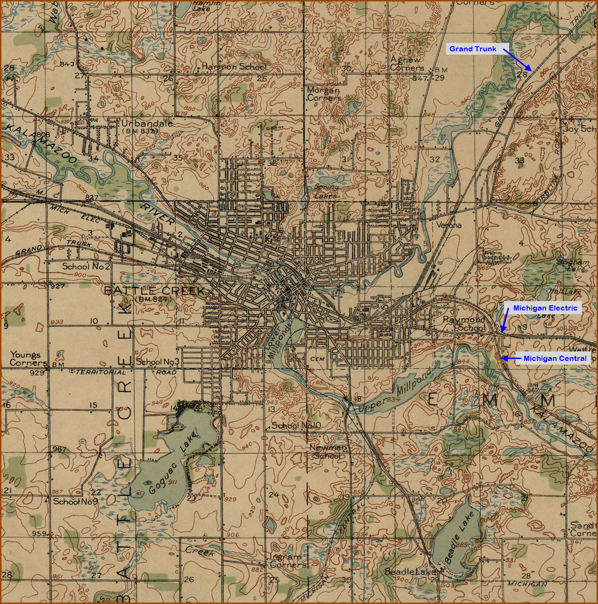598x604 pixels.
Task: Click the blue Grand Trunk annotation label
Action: pos(472,49)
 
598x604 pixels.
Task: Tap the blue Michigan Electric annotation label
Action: pos(545,308)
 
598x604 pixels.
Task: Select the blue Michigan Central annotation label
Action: pos(555,359)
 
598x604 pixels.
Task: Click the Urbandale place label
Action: pos(147,123)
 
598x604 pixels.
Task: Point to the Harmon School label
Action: pos(234,67)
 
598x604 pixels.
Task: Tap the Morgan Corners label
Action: pos(324,94)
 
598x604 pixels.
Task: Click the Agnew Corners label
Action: pos(407,64)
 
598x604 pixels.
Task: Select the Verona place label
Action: pos(449,225)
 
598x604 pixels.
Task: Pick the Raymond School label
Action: pos(464,324)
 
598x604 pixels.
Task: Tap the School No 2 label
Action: pos(86,267)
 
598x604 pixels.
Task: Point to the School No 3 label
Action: pos(158,362)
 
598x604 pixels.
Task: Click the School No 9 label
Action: pos(75,501)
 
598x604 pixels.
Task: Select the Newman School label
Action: pos(328,451)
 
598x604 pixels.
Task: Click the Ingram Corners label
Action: pos(288,560)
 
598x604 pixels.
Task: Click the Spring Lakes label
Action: pos(326,192)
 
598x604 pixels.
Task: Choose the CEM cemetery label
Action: pos(318,359)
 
